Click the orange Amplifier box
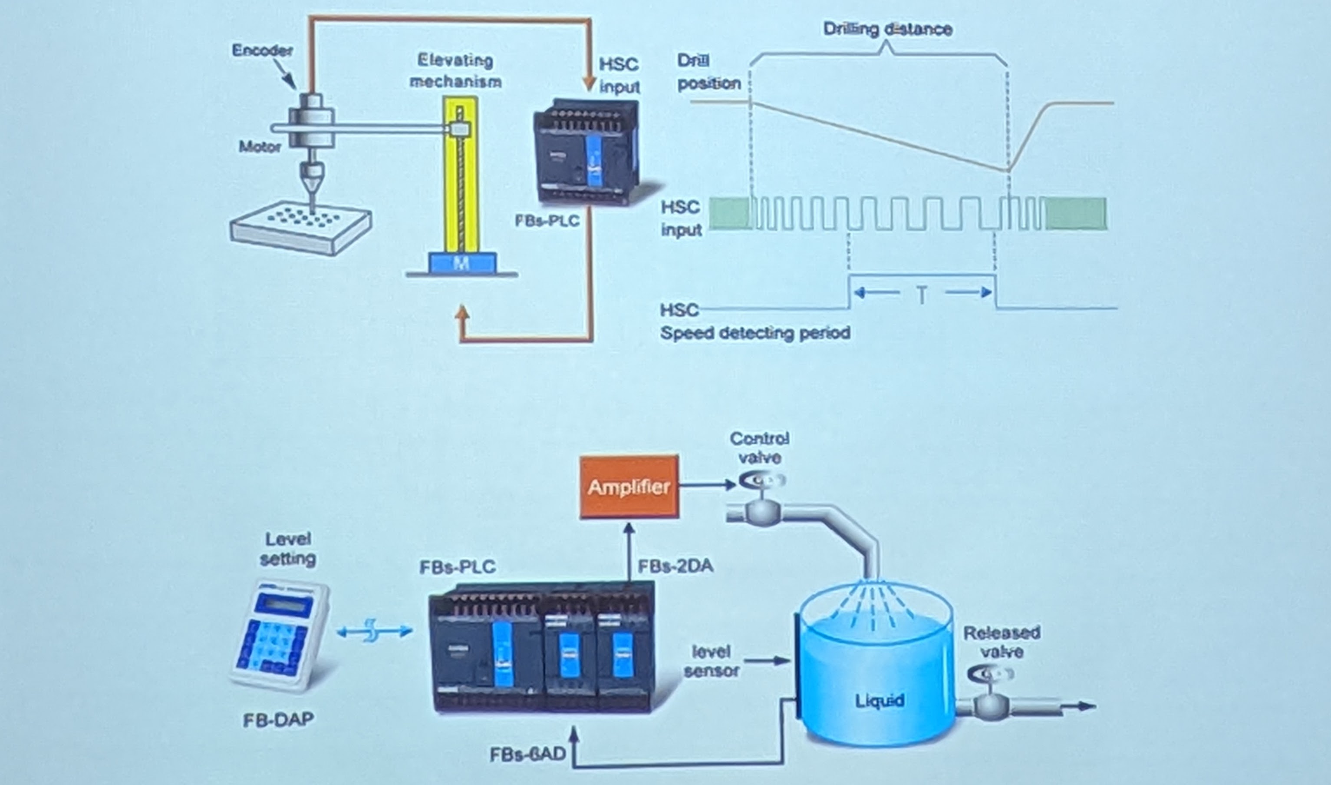629,487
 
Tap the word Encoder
262,50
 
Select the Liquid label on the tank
880,701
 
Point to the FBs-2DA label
675,566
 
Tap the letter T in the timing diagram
922,295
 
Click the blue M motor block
462,263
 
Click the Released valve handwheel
990,674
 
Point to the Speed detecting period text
755,333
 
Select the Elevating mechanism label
455,71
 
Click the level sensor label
712,661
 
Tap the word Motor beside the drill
260,146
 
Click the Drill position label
708,72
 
